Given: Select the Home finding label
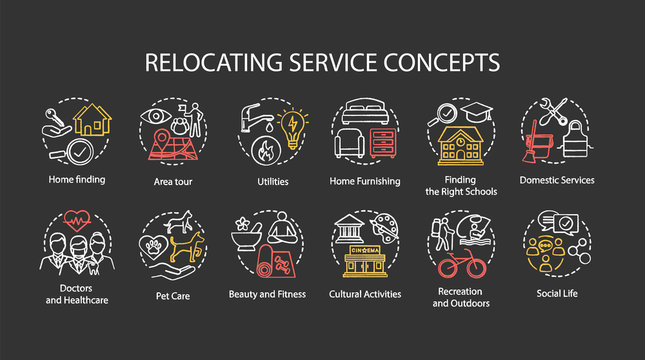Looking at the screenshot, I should (x=77, y=180).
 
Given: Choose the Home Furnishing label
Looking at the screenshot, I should (x=365, y=181).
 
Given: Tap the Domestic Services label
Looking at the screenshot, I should (x=557, y=181).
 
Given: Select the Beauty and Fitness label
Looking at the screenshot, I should (x=267, y=294).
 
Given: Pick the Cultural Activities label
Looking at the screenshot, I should (x=365, y=294).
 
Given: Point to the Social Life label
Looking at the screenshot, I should (x=557, y=293).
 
